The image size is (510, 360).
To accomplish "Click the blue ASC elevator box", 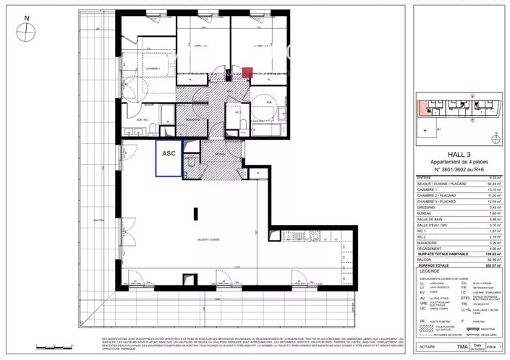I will click(168, 156).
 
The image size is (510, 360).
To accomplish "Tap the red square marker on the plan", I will click(247, 72).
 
